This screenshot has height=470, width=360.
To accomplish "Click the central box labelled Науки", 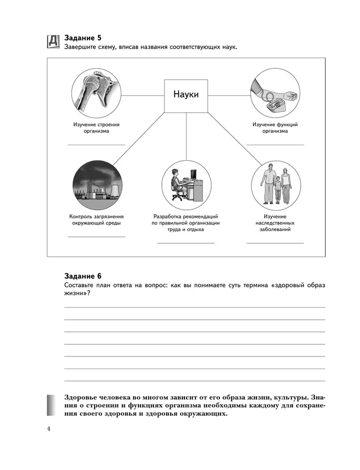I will [x=186, y=94].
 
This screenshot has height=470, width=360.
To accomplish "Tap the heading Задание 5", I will [x=83, y=38].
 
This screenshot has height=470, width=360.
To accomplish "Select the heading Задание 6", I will [x=83, y=275].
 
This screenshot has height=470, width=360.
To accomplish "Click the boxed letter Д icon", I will [x=53, y=42].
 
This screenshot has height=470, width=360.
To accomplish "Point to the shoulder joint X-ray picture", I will [x=96, y=91].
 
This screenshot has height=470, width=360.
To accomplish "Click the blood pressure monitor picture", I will [x=275, y=91].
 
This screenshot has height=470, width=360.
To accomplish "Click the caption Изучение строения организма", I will [x=96, y=128].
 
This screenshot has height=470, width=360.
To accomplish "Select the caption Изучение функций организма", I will [x=275, y=128].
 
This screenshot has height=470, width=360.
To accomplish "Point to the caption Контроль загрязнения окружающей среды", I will [x=96, y=219].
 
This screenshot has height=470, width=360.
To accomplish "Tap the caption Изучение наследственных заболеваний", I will [x=275, y=223].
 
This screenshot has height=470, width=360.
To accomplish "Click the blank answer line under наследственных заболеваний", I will [x=275, y=243].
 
